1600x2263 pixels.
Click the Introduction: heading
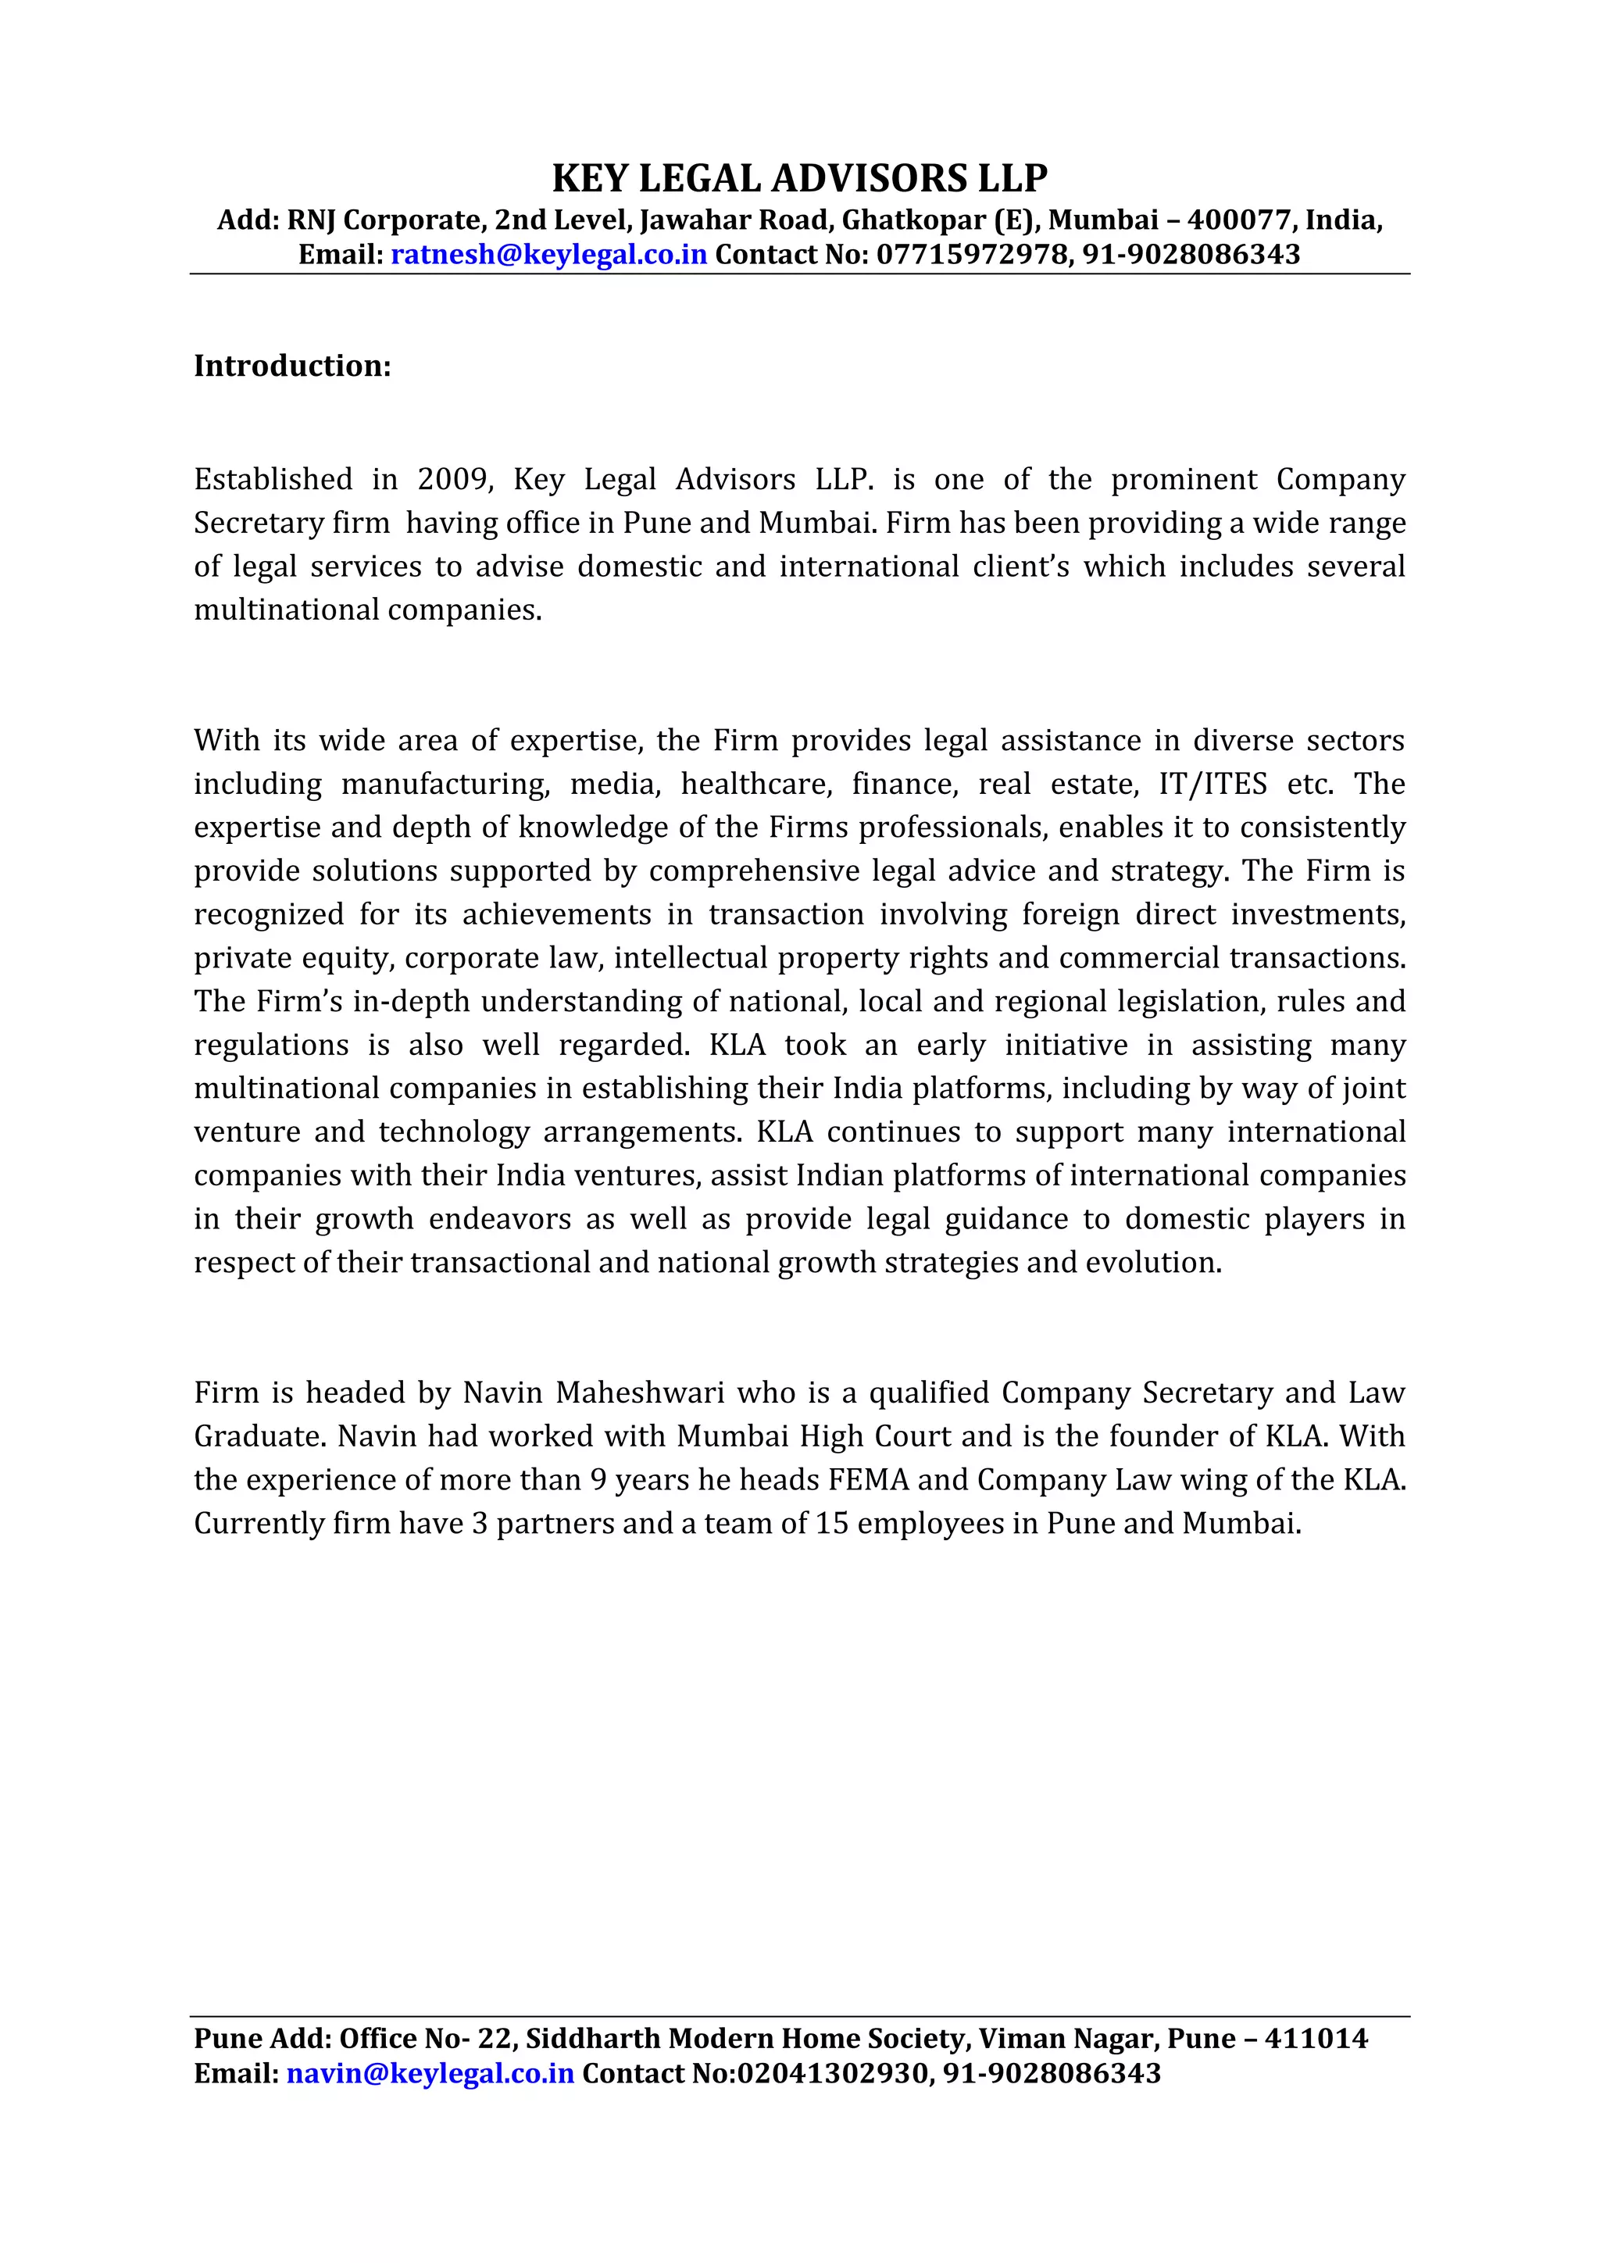(293, 366)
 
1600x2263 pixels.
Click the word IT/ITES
(1212, 785)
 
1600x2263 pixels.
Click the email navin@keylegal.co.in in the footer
(430, 2075)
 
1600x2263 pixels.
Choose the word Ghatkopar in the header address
(912, 220)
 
